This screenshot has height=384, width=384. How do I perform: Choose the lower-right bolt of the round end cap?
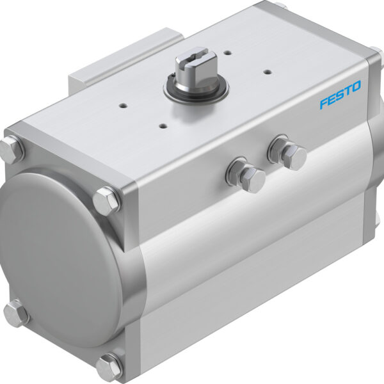109,366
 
